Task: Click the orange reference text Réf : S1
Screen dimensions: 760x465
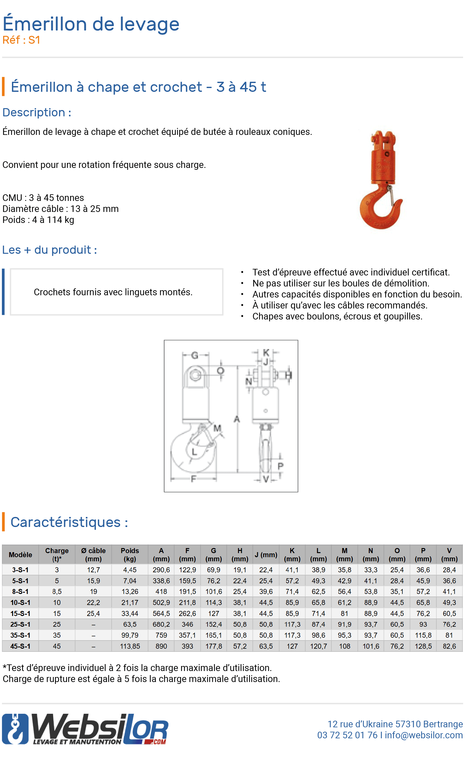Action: coord(21,40)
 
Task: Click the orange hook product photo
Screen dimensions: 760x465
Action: coord(381,180)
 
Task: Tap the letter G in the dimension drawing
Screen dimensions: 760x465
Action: coord(195,355)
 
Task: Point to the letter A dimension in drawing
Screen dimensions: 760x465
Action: coord(237,419)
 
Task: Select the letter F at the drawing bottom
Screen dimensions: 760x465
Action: coord(194,479)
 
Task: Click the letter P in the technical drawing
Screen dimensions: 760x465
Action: coord(280,466)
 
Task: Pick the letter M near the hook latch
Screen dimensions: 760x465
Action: coord(217,428)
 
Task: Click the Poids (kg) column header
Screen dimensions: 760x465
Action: coord(130,555)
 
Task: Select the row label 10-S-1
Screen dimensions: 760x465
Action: coord(20,602)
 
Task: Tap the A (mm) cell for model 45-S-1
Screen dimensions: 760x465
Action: coord(161,646)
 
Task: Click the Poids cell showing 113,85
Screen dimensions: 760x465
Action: coord(130,646)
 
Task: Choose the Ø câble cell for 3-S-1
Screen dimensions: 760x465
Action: coord(93,570)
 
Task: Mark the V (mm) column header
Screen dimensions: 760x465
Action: coord(449,555)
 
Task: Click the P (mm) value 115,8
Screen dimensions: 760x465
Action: coord(423,635)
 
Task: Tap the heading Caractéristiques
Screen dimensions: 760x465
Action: coord(69,522)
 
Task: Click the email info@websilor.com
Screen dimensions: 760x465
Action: coord(423,735)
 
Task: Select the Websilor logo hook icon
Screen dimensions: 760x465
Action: coord(15,729)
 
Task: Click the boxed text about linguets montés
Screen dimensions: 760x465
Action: coord(113,292)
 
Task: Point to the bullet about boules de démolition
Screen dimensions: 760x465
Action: coord(340,283)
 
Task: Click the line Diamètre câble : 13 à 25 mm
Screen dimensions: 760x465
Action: coord(60,209)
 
